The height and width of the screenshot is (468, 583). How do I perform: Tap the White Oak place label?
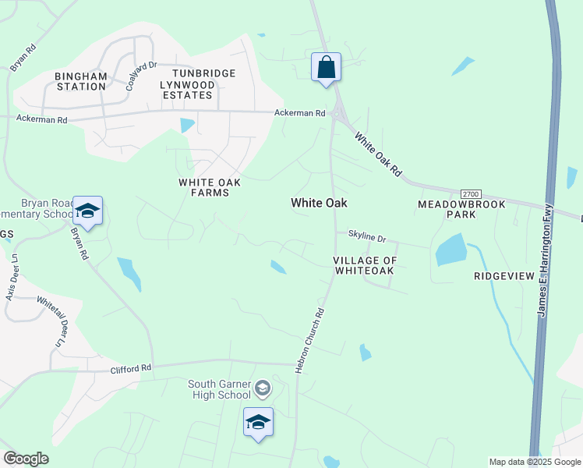tap(319, 203)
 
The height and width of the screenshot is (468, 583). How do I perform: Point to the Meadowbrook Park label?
tap(461, 209)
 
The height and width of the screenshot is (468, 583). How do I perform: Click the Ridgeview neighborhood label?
tap(503, 276)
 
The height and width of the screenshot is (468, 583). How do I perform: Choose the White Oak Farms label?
tap(210, 187)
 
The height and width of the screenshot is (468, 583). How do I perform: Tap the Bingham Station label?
tap(80, 81)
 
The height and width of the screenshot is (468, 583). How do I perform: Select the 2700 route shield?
tap(470, 193)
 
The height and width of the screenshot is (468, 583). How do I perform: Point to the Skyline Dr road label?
tap(367, 236)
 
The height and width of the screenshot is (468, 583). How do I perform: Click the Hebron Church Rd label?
tap(309, 339)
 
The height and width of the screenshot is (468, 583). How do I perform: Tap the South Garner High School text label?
tap(219, 388)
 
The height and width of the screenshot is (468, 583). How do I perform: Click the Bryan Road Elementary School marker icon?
tap(88, 211)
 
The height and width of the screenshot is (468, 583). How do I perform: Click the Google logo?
tap(26, 459)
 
